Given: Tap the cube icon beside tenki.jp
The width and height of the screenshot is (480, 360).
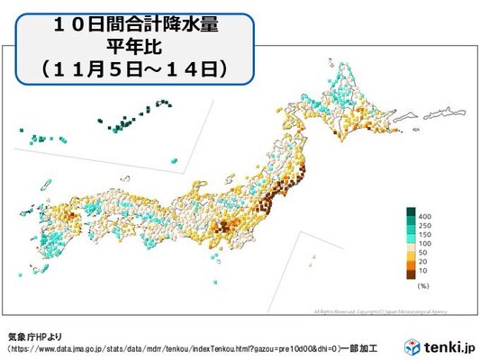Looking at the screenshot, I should click(x=412, y=346).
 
